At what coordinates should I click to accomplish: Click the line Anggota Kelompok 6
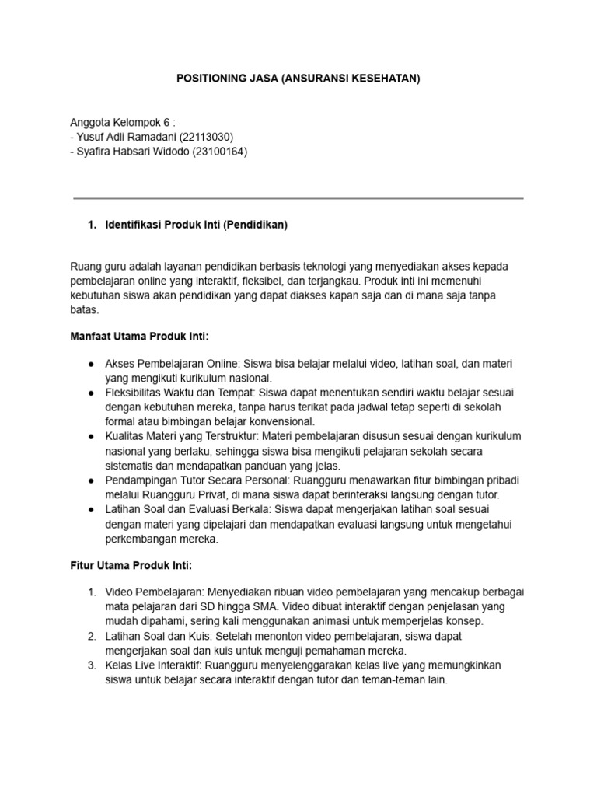point(123,122)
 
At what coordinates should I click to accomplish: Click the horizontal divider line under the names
point(298,198)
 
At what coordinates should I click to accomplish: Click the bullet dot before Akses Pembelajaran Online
point(91,364)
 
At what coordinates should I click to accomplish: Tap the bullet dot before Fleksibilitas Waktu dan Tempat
point(91,393)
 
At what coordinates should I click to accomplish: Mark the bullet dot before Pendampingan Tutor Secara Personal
point(91,480)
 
